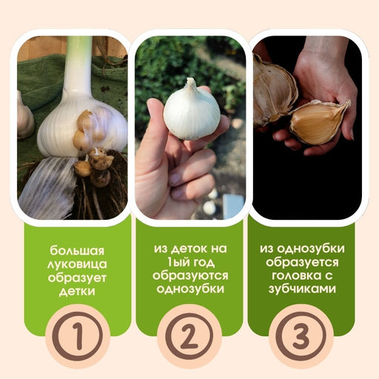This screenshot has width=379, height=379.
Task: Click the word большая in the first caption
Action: point(76,249)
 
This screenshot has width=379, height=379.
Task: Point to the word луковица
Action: point(76,263)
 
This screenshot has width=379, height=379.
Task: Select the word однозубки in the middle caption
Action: point(189,289)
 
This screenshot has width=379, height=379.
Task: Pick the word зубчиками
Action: point(300,289)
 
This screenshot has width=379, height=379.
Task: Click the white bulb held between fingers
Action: point(191,113)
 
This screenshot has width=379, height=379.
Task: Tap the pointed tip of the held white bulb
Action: point(190,81)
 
